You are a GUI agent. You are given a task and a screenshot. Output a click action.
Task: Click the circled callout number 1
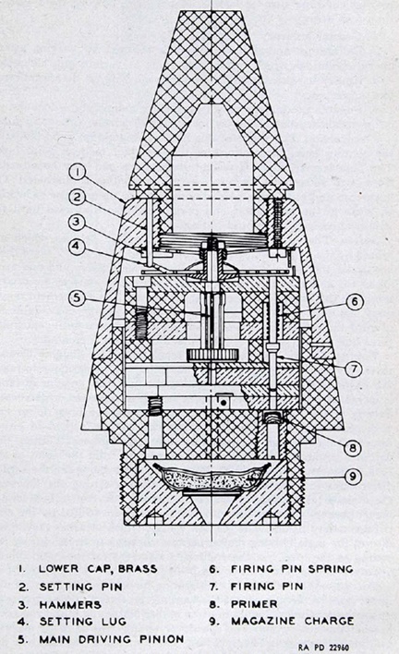[78, 173]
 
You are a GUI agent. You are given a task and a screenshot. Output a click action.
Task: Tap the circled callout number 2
[78, 197]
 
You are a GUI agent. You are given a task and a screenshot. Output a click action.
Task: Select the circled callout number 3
[78, 222]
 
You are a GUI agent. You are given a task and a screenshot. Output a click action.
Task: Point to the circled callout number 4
[78, 246]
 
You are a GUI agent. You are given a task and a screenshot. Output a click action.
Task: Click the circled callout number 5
[78, 299]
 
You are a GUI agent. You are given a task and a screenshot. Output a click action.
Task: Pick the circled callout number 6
[354, 301]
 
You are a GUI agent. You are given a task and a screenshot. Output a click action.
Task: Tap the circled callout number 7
[354, 369]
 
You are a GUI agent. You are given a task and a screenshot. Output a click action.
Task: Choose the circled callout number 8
[353, 448]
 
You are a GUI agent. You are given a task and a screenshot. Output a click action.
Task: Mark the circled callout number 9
[353, 477]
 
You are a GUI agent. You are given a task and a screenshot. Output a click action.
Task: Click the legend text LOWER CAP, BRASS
[98, 569]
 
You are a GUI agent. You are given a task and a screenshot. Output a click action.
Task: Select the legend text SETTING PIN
[81, 587]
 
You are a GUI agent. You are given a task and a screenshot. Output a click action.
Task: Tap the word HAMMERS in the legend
[70, 605]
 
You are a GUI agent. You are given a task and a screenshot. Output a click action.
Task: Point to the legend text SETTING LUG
[82, 622]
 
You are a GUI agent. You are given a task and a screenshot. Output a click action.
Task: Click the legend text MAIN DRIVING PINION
[112, 639]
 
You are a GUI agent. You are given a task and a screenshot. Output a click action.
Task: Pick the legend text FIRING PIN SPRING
[292, 569]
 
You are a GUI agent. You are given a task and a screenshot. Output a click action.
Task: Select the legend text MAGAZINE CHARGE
[292, 621]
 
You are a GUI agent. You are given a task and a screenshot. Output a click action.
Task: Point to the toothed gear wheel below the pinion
[212, 356]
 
